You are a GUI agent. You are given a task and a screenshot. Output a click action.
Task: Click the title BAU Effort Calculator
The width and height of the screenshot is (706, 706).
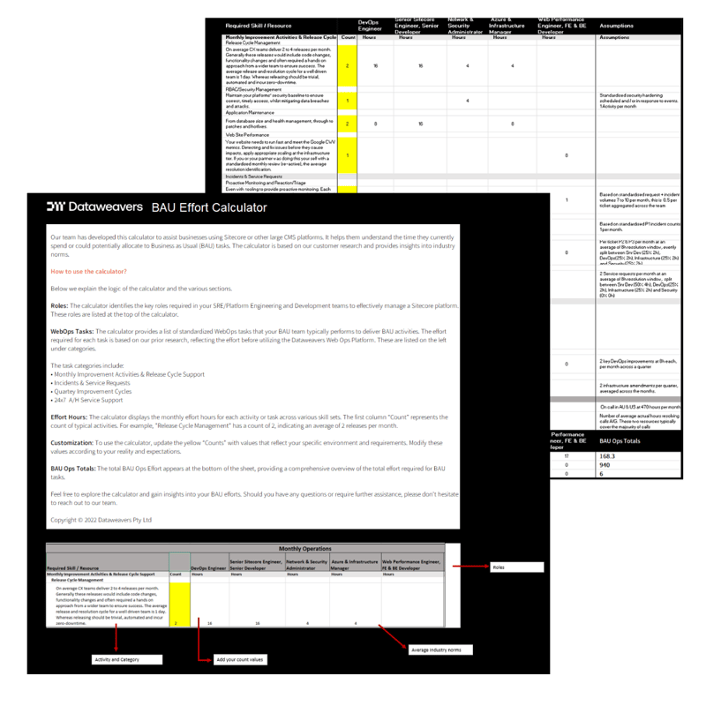click(x=209, y=207)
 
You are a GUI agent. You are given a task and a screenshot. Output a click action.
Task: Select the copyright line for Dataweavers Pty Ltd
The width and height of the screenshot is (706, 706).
click(x=101, y=520)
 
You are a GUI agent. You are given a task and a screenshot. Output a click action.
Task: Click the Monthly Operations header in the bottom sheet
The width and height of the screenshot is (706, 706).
click(x=303, y=548)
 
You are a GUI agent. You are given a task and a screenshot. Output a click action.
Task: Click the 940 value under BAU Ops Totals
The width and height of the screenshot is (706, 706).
click(x=605, y=464)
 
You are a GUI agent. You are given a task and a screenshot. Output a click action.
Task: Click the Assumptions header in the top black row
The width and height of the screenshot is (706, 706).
click(x=615, y=26)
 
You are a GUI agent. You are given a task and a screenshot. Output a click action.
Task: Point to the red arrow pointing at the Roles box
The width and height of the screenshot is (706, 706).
click(x=468, y=567)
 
